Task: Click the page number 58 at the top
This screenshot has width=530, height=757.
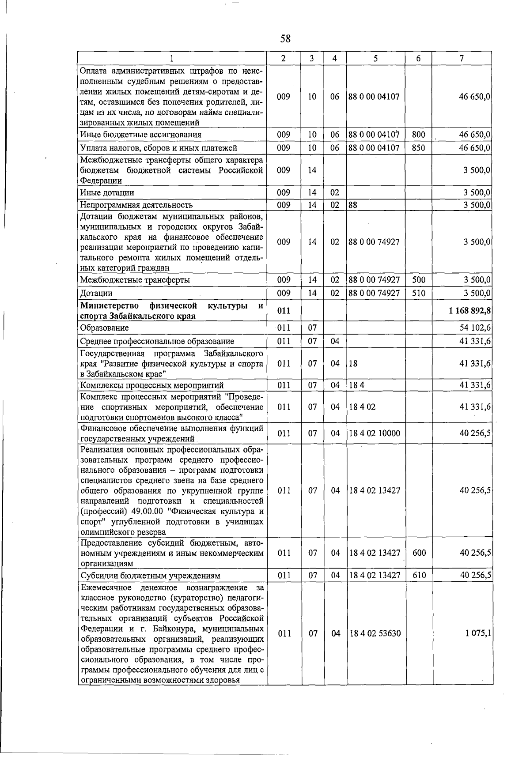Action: point(285,39)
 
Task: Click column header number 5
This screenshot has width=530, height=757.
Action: point(375,59)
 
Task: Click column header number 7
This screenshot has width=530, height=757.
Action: point(462,59)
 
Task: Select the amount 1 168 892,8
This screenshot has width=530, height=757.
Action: point(470,311)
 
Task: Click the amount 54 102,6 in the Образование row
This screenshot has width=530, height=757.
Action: point(475,328)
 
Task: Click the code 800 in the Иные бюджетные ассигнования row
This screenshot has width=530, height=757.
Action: point(418,135)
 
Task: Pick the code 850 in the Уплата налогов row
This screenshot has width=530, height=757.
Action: point(418,148)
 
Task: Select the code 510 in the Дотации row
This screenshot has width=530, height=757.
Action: point(418,293)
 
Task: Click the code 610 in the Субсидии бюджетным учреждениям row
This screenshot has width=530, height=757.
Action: point(418,576)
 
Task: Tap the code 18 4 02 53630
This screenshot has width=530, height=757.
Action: point(375,633)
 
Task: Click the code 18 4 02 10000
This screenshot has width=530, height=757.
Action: point(375,433)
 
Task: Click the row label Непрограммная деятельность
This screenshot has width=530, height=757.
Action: point(136,205)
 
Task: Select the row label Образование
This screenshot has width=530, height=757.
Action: point(104,328)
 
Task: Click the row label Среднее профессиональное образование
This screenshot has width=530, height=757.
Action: point(157,341)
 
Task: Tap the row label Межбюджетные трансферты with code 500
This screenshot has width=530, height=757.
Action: point(135,280)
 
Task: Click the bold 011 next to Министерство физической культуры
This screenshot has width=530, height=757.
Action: point(284,311)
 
